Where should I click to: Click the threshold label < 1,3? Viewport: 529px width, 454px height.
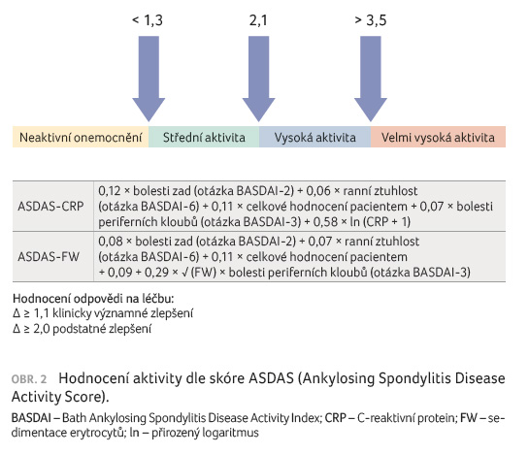(x=148, y=20)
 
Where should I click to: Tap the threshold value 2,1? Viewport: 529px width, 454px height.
(x=258, y=20)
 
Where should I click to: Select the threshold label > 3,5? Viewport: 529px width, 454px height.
(x=371, y=20)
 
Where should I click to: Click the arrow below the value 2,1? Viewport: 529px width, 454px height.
(x=259, y=79)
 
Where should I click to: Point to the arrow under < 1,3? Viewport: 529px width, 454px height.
(x=149, y=79)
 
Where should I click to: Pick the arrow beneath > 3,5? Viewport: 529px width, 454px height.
(x=371, y=79)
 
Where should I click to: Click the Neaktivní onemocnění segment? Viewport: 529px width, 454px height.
(x=81, y=137)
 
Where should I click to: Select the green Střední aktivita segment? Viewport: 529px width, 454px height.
(x=204, y=137)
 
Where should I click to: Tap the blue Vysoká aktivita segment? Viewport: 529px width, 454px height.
(x=315, y=137)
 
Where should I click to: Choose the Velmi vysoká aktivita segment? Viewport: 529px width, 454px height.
(x=438, y=137)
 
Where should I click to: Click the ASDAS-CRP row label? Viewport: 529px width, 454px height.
(x=50, y=206)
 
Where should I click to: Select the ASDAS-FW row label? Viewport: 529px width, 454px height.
(x=49, y=257)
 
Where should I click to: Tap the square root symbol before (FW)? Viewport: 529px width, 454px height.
(x=185, y=273)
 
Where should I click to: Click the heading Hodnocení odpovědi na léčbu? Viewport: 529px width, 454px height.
(x=93, y=299)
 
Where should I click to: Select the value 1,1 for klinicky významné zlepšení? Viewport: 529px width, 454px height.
(x=42, y=313)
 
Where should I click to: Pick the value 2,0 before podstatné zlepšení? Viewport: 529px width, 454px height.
(x=42, y=328)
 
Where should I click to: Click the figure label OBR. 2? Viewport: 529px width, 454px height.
(x=29, y=379)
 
